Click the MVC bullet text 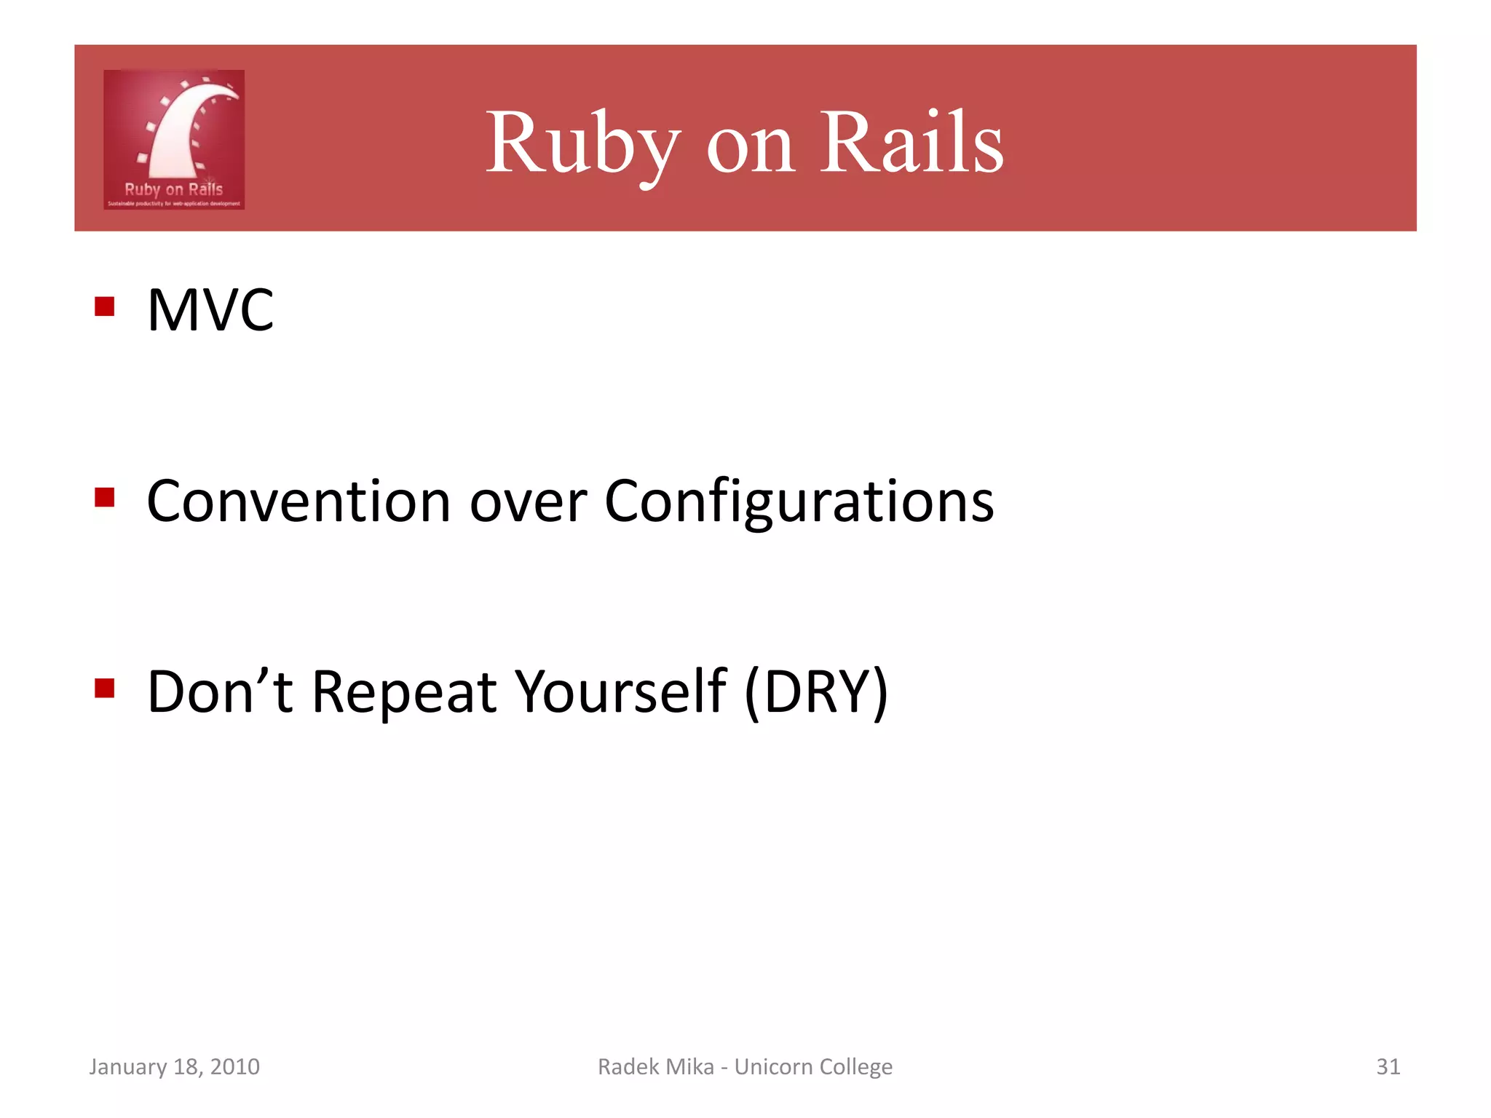(210, 310)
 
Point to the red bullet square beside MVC (105, 306)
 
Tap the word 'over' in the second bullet (528, 504)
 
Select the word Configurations (799, 502)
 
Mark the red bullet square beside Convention (105, 498)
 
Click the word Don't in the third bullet (220, 691)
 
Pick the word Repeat (405, 692)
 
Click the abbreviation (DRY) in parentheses (816, 692)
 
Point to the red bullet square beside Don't (105, 688)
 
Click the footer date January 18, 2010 (174, 1066)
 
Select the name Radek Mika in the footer (655, 1066)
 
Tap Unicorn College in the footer (813, 1066)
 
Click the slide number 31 (1388, 1066)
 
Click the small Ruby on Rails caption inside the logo (173, 189)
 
